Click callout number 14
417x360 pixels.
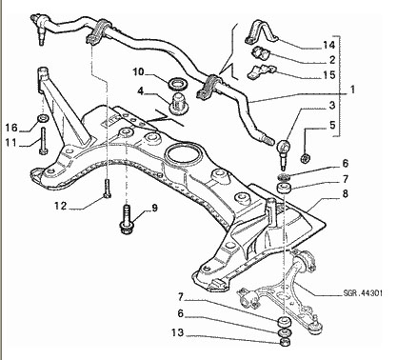point(329,45)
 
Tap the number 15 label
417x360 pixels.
point(329,75)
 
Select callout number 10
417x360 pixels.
point(138,72)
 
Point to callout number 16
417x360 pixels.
point(11,128)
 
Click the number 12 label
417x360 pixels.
point(60,206)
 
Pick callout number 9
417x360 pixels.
point(154,208)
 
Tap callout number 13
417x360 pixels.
point(178,332)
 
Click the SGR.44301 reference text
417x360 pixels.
point(363,293)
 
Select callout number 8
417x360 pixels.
point(345,193)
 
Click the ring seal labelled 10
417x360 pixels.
point(177,84)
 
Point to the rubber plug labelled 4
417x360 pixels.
point(179,104)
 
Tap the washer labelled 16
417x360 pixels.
point(43,119)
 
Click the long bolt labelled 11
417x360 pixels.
point(43,141)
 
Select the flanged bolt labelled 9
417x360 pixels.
point(126,220)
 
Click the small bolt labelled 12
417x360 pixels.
point(108,189)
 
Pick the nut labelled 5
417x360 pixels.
point(306,158)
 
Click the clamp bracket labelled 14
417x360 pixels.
point(261,32)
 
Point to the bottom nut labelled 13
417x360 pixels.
point(285,342)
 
